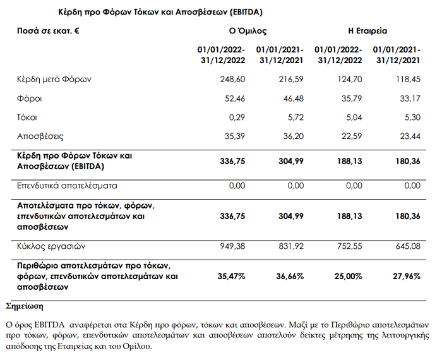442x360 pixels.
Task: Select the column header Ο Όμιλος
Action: (x=248, y=30)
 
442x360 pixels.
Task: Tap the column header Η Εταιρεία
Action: (x=367, y=30)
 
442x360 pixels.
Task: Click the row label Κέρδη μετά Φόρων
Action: (x=55, y=80)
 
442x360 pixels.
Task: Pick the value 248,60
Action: (x=232, y=80)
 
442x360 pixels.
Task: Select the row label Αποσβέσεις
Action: (x=40, y=136)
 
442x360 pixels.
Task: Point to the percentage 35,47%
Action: (x=230, y=276)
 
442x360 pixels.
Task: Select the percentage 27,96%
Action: (x=406, y=276)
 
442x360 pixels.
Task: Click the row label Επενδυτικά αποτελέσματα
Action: (x=67, y=186)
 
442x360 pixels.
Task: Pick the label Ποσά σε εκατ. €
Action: (x=48, y=30)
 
